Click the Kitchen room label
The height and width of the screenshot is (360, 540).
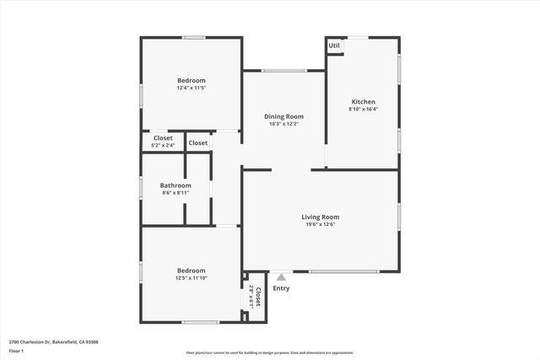tap(363, 101)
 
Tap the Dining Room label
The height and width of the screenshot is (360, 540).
tap(283, 116)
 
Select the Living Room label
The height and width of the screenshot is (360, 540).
tap(321, 217)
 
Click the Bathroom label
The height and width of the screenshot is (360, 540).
tap(176, 185)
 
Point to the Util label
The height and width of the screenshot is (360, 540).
tap(334, 46)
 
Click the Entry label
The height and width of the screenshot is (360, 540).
tap(281, 288)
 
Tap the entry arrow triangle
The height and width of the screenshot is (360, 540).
tap(281, 276)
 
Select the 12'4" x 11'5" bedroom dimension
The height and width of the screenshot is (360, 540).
tap(191, 88)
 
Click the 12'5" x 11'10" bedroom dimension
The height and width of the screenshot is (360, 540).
tap(191, 277)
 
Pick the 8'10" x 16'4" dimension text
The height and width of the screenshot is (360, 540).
tap(363, 109)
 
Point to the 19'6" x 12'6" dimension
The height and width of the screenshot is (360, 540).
tap(321, 224)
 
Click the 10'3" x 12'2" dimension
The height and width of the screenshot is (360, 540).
tap(283, 124)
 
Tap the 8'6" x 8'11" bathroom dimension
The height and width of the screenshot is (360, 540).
tap(176, 193)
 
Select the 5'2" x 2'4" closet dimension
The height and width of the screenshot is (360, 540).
tap(163, 145)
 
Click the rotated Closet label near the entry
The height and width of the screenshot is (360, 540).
tap(258, 297)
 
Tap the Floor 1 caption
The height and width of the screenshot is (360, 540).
tap(16, 351)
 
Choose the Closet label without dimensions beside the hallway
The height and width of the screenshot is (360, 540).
tap(198, 142)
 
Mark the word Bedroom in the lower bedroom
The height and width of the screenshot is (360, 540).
tap(191, 270)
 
